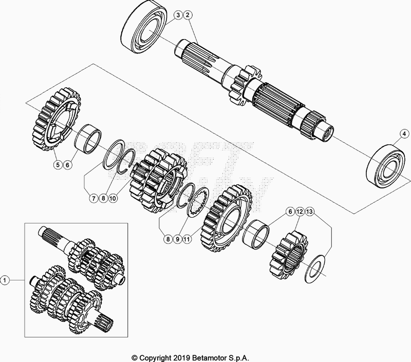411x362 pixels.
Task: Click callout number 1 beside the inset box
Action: [5, 280]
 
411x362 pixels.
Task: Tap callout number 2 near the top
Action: [188, 16]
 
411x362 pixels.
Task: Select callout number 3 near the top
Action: [177, 16]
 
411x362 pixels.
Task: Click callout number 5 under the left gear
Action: [58, 165]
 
